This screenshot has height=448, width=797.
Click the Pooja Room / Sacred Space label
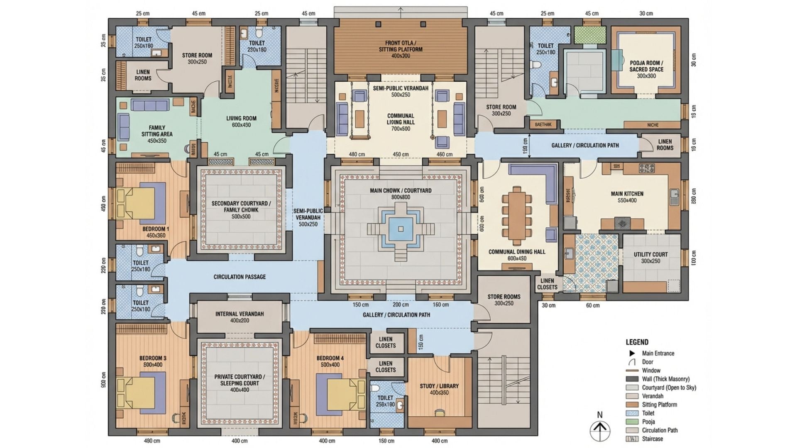pyautogui.click(x=646, y=66)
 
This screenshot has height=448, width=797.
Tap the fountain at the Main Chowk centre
pyautogui.click(x=401, y=229)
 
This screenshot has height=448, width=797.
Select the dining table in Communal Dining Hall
pyautogui.click(x=517, y=216)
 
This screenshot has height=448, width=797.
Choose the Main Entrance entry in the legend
pyautogui.click(x=658, y=353)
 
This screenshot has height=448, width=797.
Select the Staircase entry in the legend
pyautogui.click(x=652, y=439)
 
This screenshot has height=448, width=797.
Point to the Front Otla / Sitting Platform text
pyautogui.click(x=401, y=46)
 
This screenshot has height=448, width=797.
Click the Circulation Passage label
pyautogui.click(x=240, y=277)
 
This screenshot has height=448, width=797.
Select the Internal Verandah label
pyautogui.click(x=240, y=314)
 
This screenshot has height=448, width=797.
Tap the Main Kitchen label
pyautogui.click(x=627, y=194)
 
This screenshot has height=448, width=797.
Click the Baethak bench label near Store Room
pyautogui.click(x=543, y=124)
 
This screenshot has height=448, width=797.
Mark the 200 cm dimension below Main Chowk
pyautogui.click(x=401, y=305)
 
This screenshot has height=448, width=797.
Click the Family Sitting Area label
pyautogui.click(x=157, y=131)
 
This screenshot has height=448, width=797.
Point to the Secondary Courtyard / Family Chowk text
pyautogui.click(x=241, y=207)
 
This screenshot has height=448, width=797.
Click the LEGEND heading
pyautogui.click(x=637, y=342)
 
